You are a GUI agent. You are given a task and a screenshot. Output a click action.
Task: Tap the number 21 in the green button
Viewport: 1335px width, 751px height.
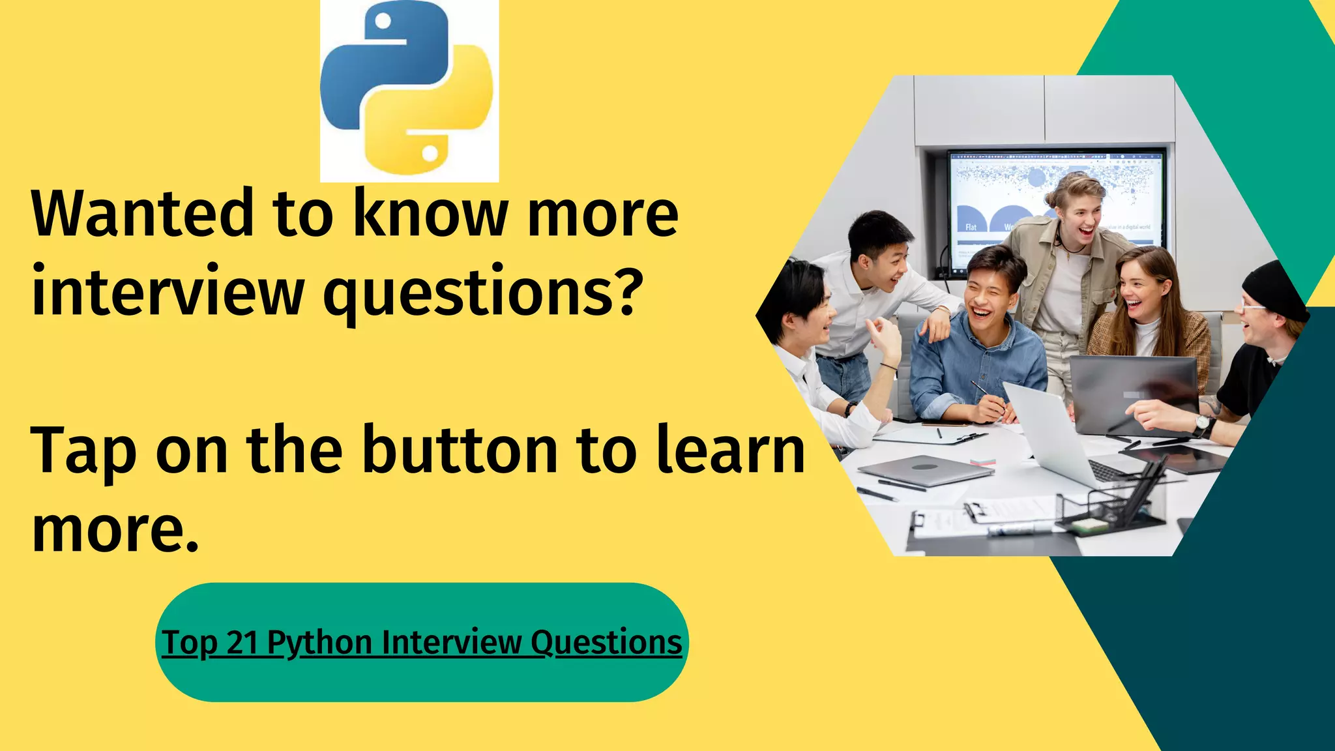pos(242,643)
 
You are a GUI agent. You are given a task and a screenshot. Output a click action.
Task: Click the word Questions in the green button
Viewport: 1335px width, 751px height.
pos(606,643)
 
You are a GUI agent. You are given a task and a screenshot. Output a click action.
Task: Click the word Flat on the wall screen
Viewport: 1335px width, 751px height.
pos(971,227)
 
